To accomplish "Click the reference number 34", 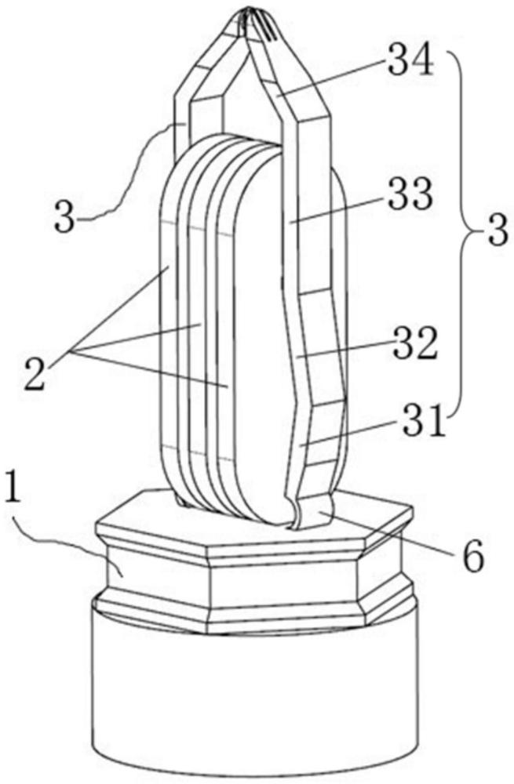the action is point(410,64).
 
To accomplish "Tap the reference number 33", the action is point(410,194).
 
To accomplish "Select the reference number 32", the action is point(415,344).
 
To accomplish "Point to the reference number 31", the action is point(418,423).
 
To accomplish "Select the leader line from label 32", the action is point(344,350).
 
